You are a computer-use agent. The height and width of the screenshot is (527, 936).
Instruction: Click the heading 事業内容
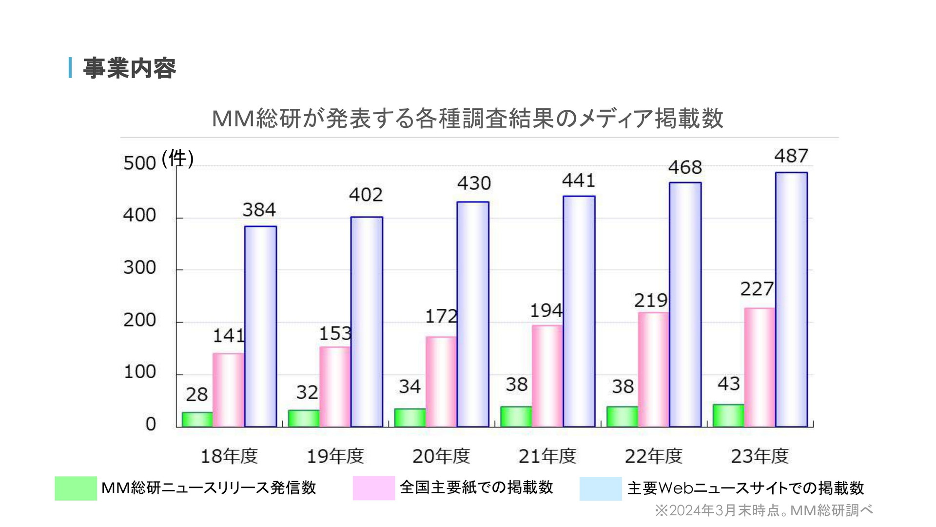coord(129,68)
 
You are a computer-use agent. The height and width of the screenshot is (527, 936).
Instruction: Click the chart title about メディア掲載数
coord(467,119)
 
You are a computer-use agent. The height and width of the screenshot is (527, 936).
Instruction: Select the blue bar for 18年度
coord(260,326)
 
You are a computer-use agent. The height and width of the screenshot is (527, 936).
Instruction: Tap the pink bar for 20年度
coord(441,382)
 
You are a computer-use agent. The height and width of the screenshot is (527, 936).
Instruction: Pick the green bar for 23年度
coord(728,416)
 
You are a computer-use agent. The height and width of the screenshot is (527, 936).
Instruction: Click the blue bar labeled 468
coord(685,304)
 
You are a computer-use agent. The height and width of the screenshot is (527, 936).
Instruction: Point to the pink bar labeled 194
coord(547,376)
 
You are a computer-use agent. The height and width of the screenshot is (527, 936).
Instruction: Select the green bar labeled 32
coord(304,418)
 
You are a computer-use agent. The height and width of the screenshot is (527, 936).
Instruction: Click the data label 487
coord(791,156)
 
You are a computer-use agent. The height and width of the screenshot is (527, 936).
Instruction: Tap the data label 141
coord(229,336)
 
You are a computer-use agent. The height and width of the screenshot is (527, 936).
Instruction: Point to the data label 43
coord(728,384)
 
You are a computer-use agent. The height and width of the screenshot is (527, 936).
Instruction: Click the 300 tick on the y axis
coord(139,268)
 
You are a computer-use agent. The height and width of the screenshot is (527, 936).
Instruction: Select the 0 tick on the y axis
coord(151,424)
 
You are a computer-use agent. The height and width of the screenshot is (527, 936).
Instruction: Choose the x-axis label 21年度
coord(547,456)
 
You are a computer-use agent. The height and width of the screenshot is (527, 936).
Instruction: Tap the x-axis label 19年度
coord(335,456)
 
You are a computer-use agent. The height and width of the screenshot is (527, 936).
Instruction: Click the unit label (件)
coord(178,159)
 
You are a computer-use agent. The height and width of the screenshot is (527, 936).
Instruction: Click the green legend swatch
coord(76,488)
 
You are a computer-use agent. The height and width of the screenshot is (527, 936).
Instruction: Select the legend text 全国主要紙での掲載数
coord(476,487)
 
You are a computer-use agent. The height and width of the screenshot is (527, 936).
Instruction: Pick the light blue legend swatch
coord(600,488)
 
